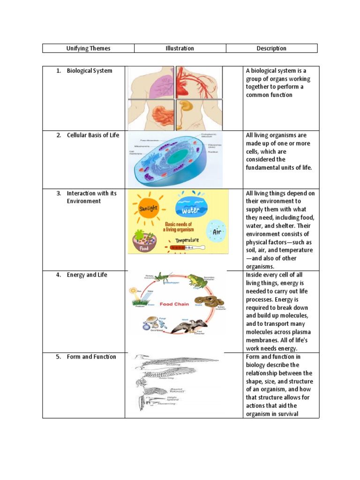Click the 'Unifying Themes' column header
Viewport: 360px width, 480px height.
click(x=88, y=48)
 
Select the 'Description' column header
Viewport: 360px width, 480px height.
click(x=271, y=48)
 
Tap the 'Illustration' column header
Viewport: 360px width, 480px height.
click(x=180, y=48)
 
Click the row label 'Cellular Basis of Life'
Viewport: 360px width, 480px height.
click(x=93, y=135)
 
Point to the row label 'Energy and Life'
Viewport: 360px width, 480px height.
click(x=87, y=275)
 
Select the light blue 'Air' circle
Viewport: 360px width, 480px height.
click(x=216, y=231)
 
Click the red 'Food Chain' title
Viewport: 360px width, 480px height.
click(x=174, y=304)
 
